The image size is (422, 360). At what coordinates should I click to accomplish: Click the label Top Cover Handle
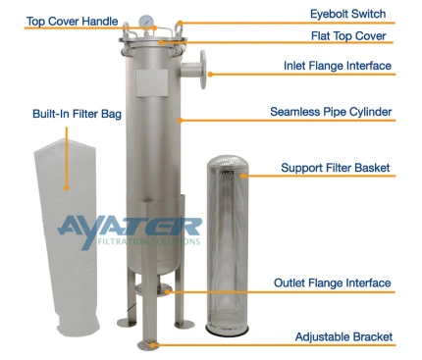click(72, 22)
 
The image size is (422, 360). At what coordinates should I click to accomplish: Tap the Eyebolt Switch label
click(347, 14)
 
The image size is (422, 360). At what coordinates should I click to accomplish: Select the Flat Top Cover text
click(348, 35)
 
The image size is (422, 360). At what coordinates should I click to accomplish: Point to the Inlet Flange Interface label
click(338, 66)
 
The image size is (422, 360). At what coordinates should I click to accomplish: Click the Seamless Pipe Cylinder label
click(331, 112)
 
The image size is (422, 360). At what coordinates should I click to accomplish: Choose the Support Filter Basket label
click(336, 168)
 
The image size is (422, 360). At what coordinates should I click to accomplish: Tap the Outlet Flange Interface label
click(333, 283)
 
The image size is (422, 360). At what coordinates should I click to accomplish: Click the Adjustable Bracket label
click(343, 336)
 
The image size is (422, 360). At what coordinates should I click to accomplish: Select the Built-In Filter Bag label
click(77, 114)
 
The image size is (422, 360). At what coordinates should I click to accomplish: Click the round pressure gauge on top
click(144, 22)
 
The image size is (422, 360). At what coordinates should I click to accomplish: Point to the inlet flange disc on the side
click(203, 70)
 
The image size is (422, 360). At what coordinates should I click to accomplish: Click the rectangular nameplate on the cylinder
click(152, 82)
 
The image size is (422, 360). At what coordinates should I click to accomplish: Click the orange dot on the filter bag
click(67, 187)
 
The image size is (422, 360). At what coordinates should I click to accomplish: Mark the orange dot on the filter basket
click(243, 176)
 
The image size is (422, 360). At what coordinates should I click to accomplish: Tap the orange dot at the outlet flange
click(168, 291)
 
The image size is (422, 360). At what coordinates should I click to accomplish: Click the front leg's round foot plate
click(148, 344)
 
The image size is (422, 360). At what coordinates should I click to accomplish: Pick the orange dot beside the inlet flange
click(210, 75)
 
